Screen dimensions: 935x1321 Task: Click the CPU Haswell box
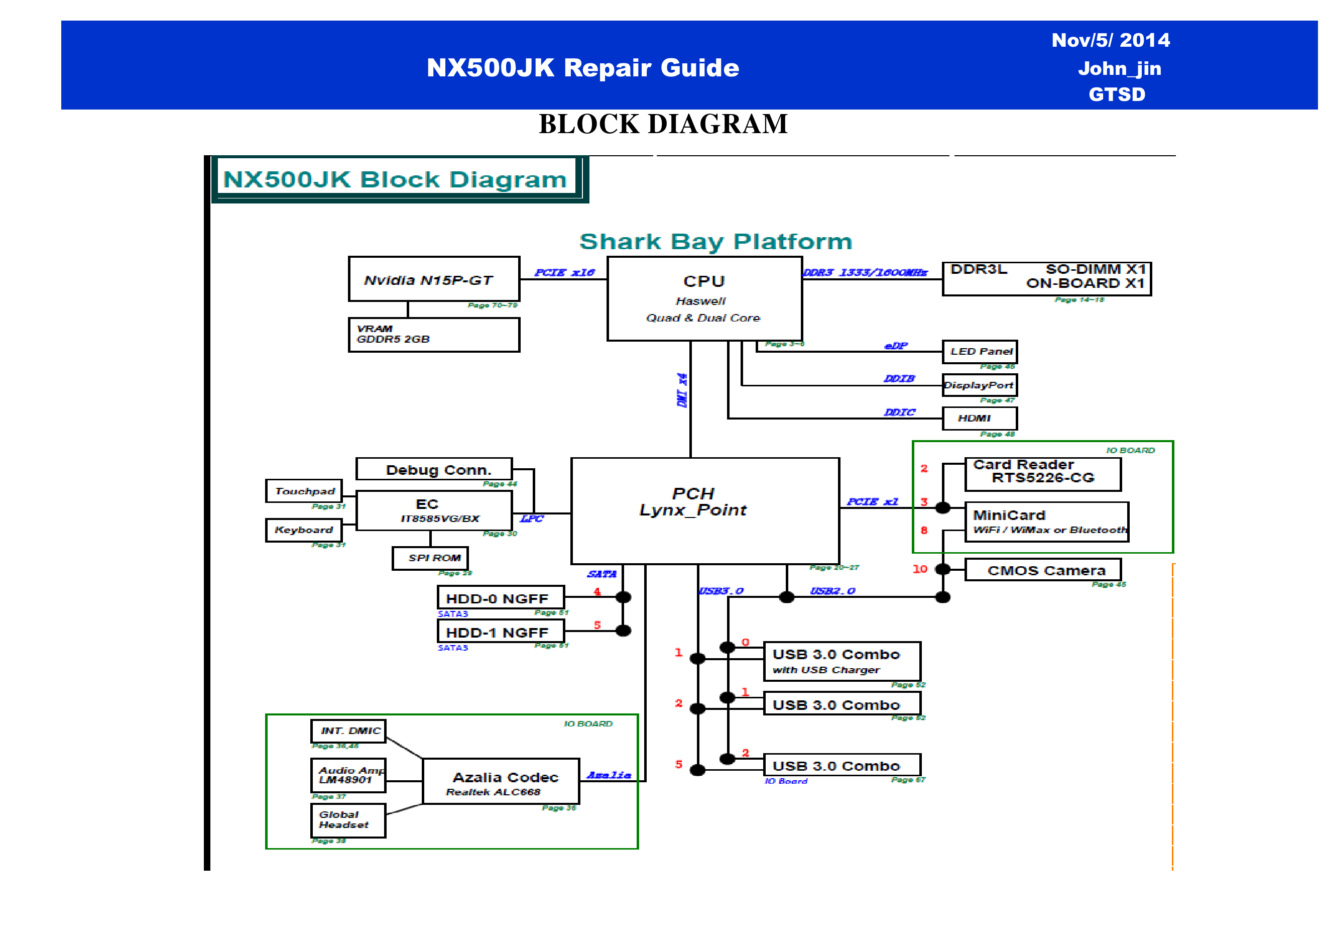click(704, 298)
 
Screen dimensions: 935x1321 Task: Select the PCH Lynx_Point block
click(705, 510)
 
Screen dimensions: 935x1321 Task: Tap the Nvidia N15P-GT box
click(434, 279)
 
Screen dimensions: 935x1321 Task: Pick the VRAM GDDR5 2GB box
click(434, 335)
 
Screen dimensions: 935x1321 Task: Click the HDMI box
click(979, 419)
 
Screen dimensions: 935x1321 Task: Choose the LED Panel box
click(979, 351)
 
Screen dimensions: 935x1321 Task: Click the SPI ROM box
click(430, 558)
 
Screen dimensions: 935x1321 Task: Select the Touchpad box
click(304, 491)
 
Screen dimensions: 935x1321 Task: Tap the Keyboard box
click(304, 530)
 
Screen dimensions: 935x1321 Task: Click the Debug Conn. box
click(434, 469)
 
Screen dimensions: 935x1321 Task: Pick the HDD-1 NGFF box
click(501, 632)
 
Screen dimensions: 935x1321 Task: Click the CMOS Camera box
click(1042, 570)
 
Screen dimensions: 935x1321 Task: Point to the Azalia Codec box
click(501, 781)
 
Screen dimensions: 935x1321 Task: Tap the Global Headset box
click(348, 820)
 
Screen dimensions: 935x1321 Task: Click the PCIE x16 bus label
click(564, 272)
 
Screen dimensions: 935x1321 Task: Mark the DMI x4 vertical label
click(682, 390)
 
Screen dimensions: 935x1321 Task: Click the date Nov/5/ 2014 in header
click(1111, 40)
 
